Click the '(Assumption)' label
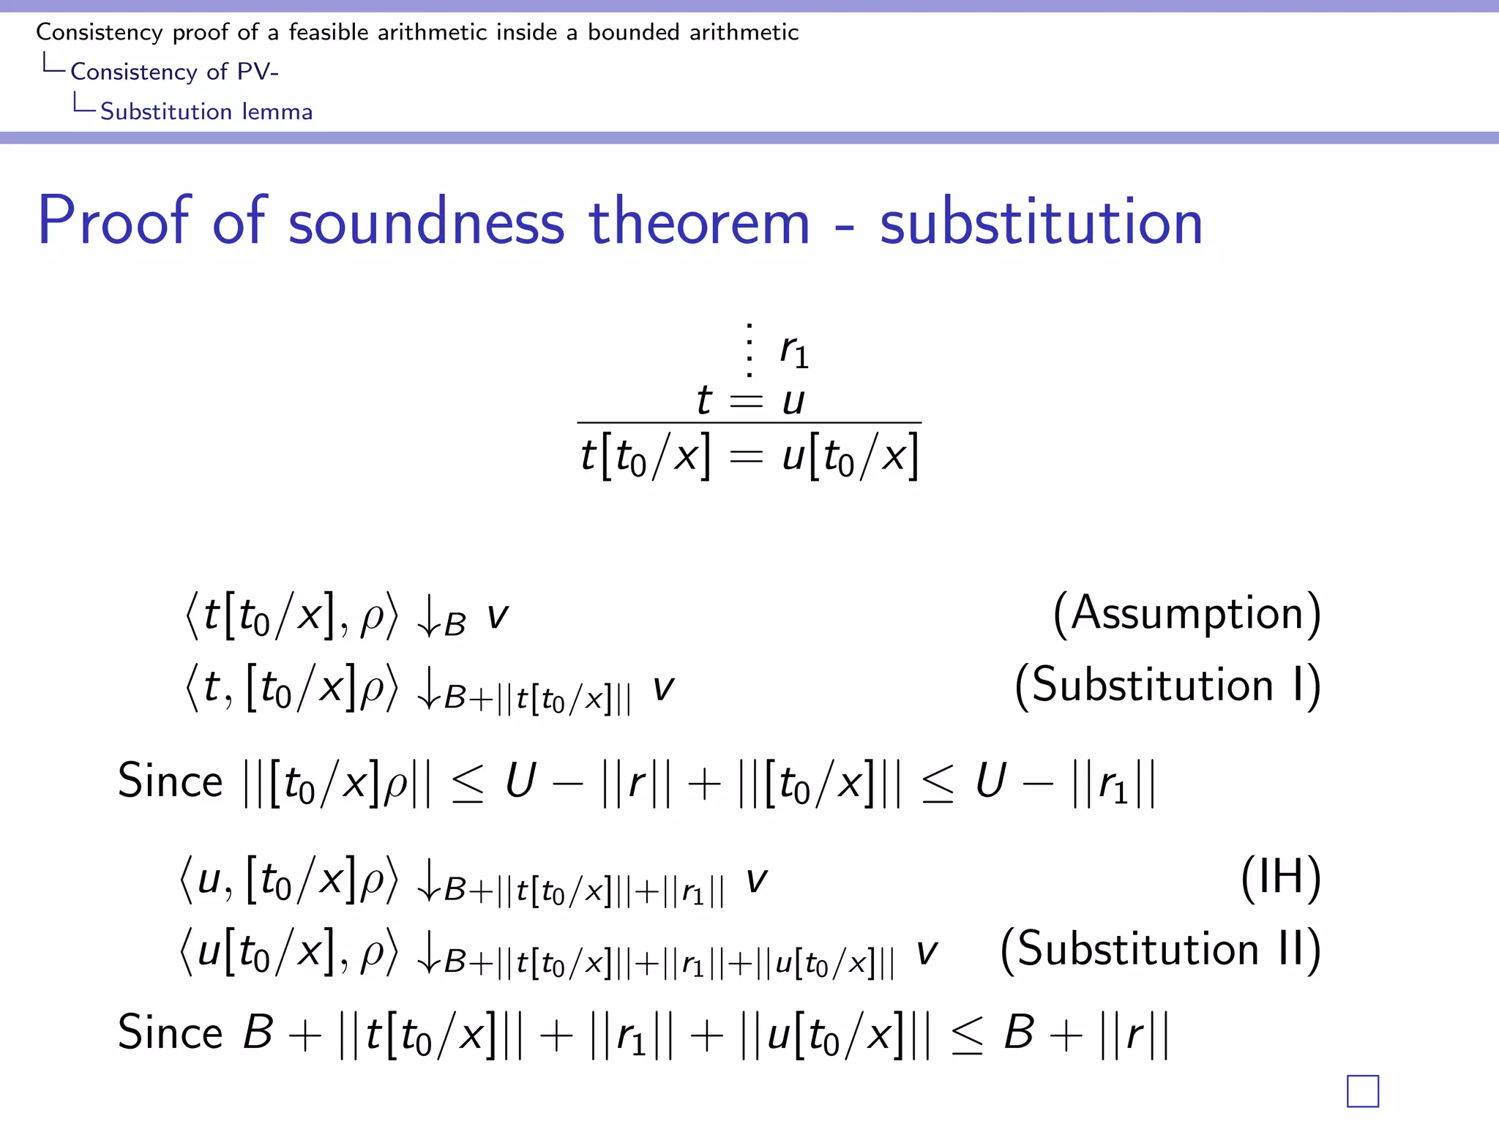pyautogui.click(x=1186, y=613)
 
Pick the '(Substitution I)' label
pyautogui.click(x=1167, y=686)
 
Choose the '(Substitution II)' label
pyautogui.click(x=1160, y=949)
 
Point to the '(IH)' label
pyautogui.click(x=1281, y=877)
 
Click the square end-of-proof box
pyautogui.click(x=1362, y=1091)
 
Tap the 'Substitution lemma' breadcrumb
pyautogui.click(x=206, y=111)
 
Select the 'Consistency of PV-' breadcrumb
pyautogui.click(x=174, y=72)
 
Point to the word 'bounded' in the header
pyautogui.click(x=634, y=32)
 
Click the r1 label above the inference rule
pyautogui.click(x=794, y=351)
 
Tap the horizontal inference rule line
pyautogui.click(x=749, y=423)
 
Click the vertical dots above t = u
pyautogui.click(x=749, y=350)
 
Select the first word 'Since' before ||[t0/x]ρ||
pyautogui.click(x=170, y=781)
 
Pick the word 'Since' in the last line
pyautogui.click(x=170, y=1033)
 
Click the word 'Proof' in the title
pyautogui.click(x=115, y=221)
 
